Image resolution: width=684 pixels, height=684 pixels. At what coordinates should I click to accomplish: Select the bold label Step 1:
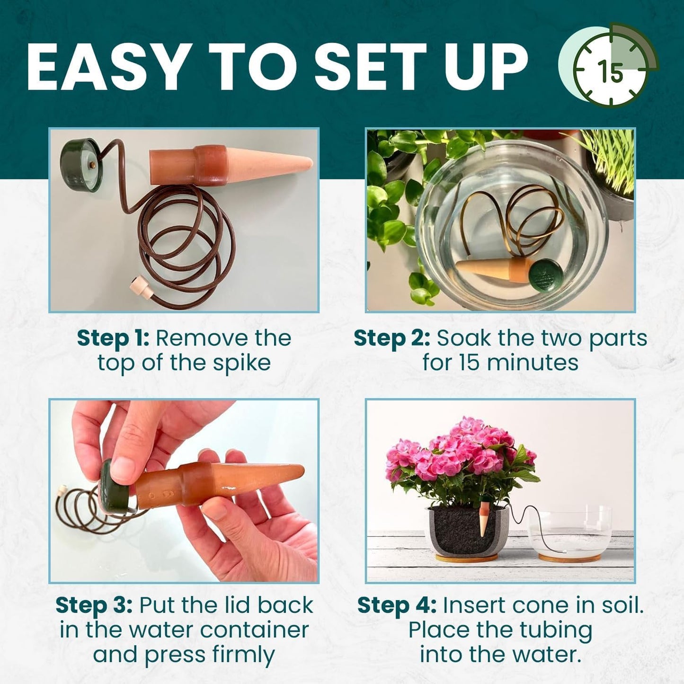click(x=113, y=338)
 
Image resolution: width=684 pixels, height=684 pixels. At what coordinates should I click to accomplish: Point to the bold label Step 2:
click(x=392, y=338)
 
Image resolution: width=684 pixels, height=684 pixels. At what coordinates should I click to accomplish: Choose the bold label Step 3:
click(x=94, y=605)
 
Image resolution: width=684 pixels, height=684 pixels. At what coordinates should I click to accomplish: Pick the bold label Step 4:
click(x=396, y=605)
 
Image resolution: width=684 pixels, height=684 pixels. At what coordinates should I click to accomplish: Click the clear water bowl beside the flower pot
click(x=570, y=533)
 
